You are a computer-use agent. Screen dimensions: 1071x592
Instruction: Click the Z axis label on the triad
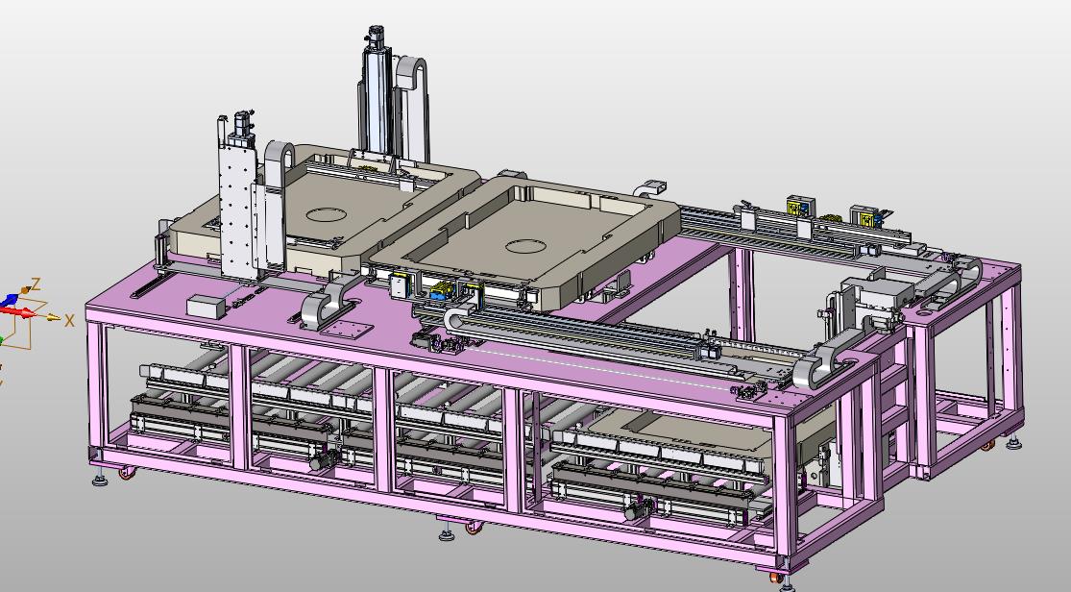37,284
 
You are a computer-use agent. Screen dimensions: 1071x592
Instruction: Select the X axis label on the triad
69,320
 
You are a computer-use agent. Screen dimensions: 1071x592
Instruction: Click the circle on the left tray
326,214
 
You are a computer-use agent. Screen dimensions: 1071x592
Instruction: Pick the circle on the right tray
524,246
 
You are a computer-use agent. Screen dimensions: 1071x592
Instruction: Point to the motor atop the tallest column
376,38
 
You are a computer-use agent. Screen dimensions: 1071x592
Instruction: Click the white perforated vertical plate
237,205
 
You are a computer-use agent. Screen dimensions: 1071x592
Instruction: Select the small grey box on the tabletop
206,307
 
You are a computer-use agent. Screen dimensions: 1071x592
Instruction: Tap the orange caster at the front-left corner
127,473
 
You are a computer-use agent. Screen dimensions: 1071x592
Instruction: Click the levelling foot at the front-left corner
101,478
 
